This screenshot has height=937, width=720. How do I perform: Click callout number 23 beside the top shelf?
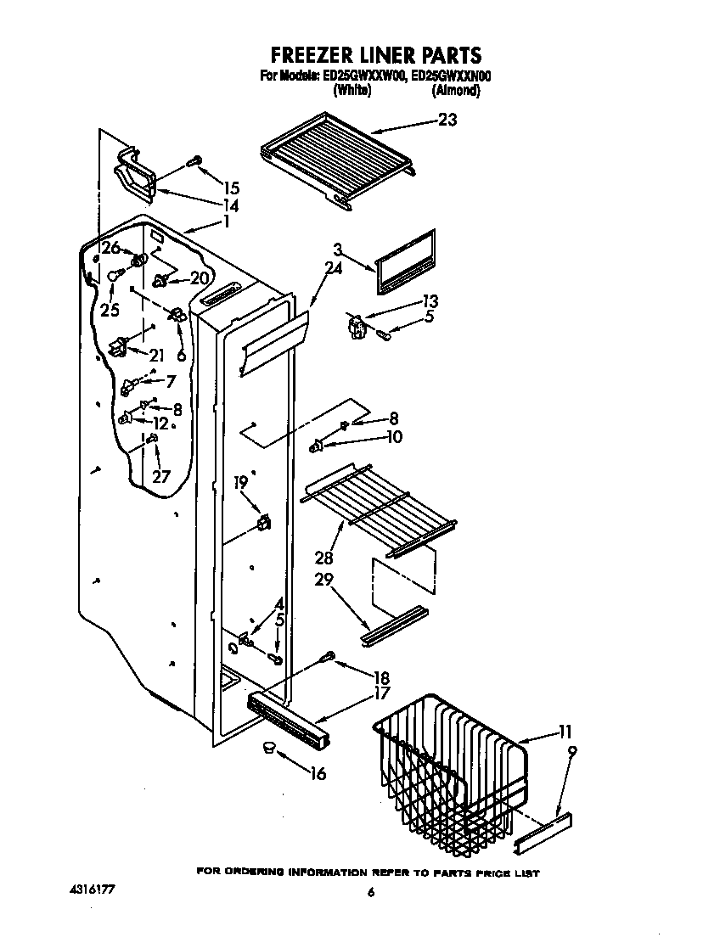click(447, 121)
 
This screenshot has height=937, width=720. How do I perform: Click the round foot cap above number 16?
click(270, 747)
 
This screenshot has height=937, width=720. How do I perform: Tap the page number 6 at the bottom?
click(371, 892)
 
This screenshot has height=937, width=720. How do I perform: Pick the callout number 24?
click(334, 272)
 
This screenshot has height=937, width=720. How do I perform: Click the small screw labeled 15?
click(194, 160)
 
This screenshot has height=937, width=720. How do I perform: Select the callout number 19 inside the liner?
click(241, 482)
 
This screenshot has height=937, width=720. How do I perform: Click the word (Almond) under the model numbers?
click(455, 90)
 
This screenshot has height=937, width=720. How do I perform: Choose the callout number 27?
click(161, 476)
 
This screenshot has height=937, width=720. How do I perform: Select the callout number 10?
click(394, 437)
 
